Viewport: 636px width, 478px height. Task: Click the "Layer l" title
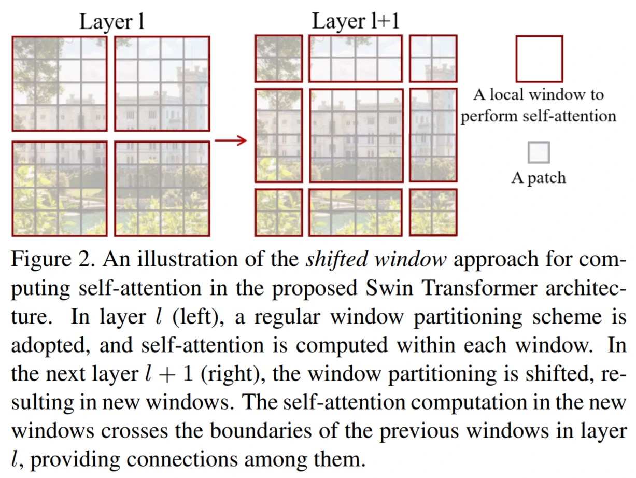point(111,22)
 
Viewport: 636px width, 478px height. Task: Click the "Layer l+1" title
point(356,22)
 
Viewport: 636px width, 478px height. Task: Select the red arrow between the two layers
point(231,140)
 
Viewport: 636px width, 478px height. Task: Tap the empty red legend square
point(539,59)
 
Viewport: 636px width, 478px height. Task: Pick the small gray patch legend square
point(539,153)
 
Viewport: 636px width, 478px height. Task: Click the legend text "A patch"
point(539,178)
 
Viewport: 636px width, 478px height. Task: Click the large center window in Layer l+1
point(356,135)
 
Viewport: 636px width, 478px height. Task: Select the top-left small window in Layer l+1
point(278,58)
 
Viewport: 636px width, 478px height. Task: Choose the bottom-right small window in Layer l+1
point(433,212)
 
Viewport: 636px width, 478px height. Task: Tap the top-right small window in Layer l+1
point(433,58)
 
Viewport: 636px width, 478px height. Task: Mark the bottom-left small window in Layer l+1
point(278,212)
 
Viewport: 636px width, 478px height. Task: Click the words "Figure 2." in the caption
point(52,260)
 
